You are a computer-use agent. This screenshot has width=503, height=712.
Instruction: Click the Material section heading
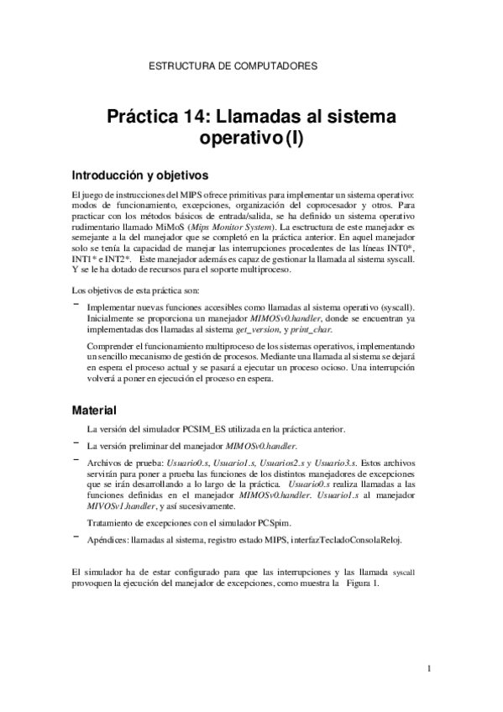coord(95,411)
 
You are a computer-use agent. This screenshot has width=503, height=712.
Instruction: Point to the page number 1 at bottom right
coord(429,668)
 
